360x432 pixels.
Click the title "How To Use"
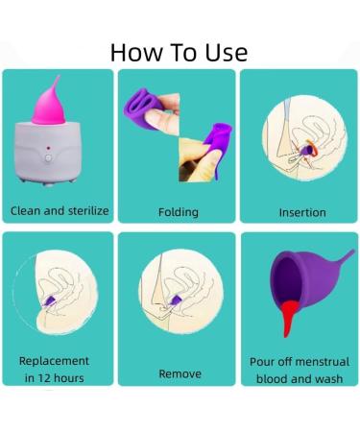pyautogui.click(x=179, y=51)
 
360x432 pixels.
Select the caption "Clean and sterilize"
pyautogui.click(x=60, y=210)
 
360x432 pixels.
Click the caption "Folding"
pyautogui.click(x=179, y=211)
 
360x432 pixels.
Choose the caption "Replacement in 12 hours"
pyautogui.click(x=55, y=370)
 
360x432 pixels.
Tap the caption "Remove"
pyautogui.click(x=179, y=373)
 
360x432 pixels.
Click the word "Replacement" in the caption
pyautogui.click(x=55, y=361)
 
